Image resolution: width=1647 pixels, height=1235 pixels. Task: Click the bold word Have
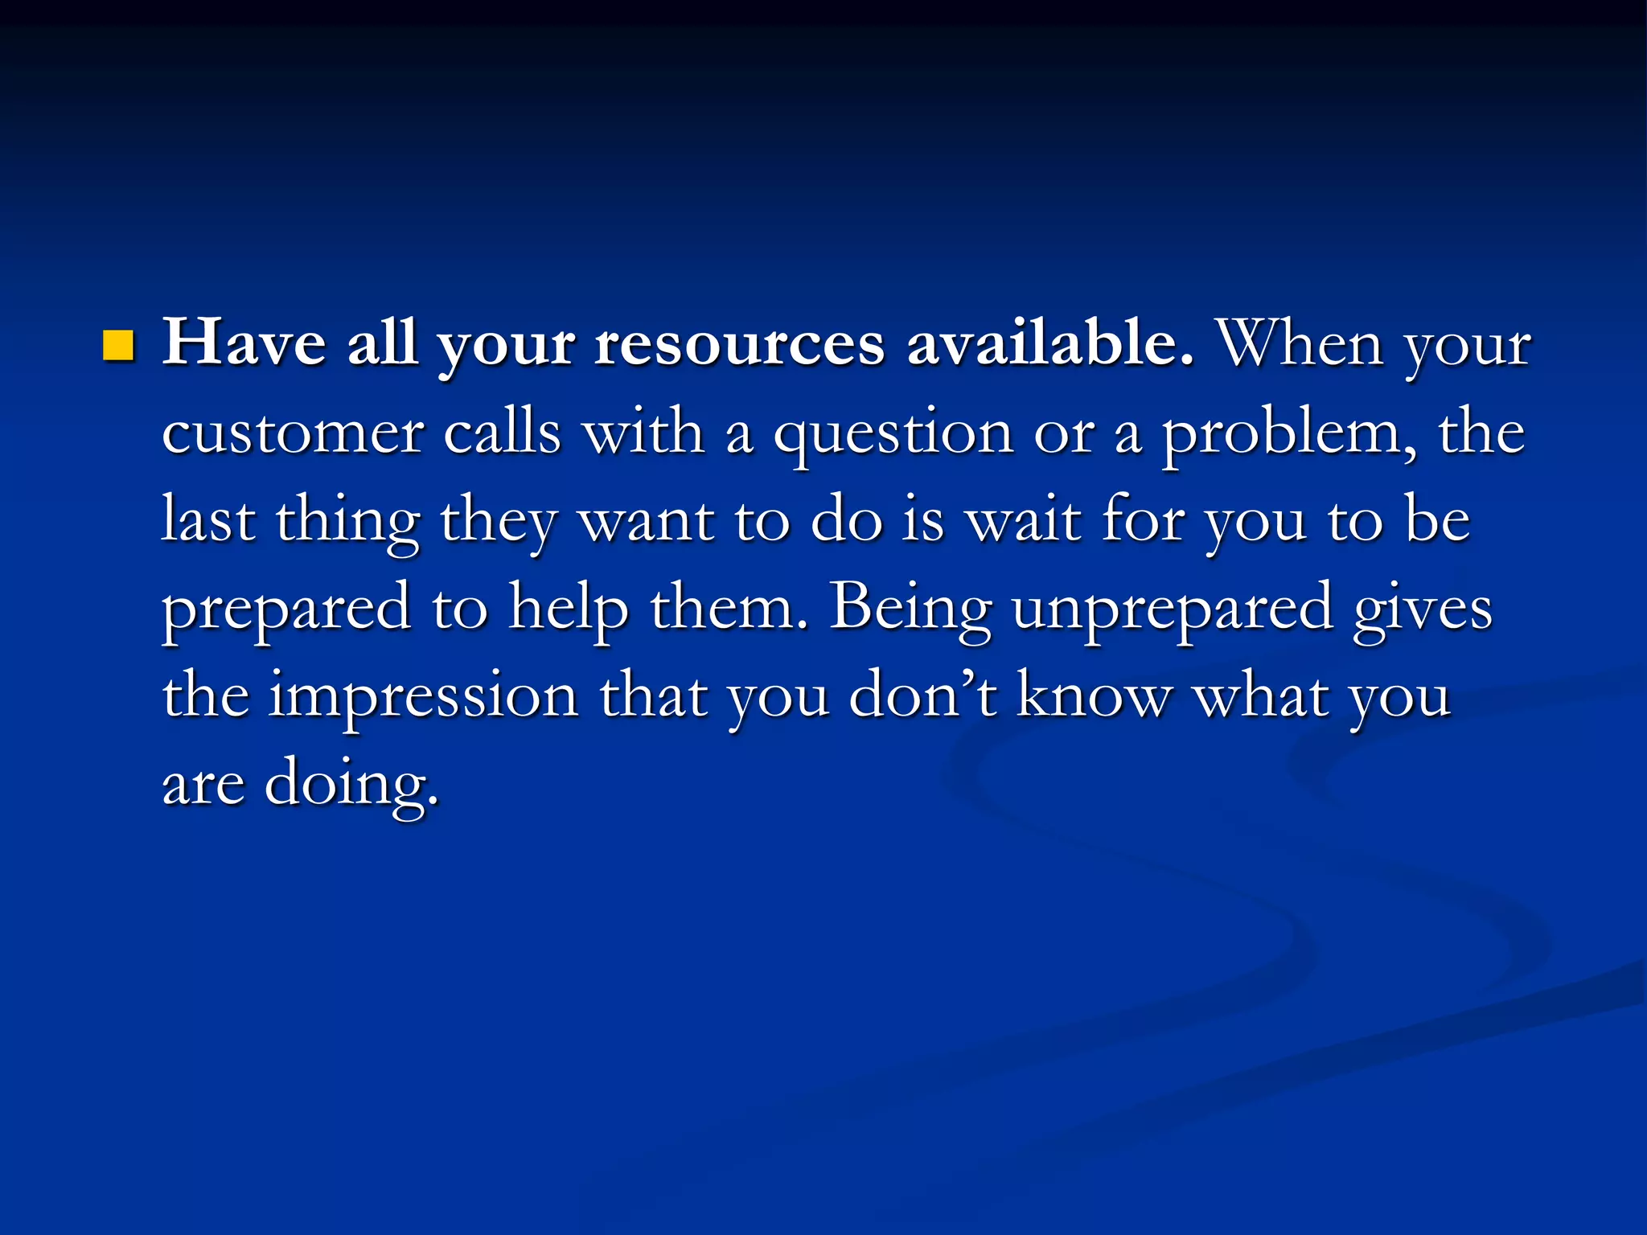pos(244,343)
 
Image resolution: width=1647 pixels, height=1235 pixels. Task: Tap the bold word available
pos(1049,343)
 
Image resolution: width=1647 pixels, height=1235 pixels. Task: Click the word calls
pos(502,433)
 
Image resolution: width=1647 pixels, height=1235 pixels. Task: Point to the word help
pos(569,609)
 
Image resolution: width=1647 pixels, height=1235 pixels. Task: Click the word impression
pos(423,697)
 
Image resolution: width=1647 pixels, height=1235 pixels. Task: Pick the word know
pos(1094,695)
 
